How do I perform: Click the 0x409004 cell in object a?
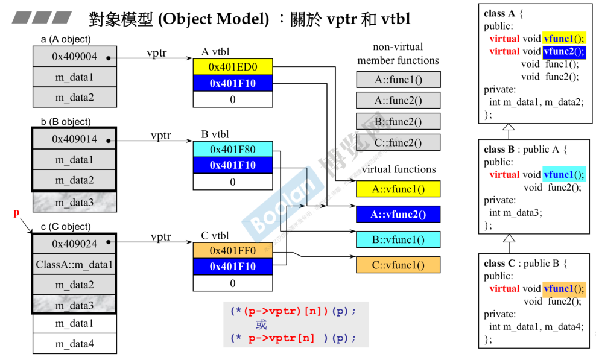point(74,58)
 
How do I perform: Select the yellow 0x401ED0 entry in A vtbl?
point(233,66)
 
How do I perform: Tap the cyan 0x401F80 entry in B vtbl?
point(233,149)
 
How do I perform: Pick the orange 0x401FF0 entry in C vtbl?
point(233,250)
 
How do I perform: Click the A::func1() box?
point(398,80)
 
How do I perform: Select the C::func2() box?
point(398,142)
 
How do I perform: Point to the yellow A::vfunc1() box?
point(398,189)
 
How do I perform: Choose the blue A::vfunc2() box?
point(398,214)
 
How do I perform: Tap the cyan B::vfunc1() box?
point(398,239)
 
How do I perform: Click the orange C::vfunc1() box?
point(398,265)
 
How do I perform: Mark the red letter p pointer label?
point(16,213)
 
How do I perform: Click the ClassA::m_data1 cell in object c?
point(74,264)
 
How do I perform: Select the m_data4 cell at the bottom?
point(74,344)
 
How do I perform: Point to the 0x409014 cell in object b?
point(74,140)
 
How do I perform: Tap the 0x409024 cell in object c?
point(74,244)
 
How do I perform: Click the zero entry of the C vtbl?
point(233,283)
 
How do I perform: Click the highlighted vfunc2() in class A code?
point(563,51)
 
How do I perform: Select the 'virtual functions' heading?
point(398,169)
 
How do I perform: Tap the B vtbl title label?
point(215,134)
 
